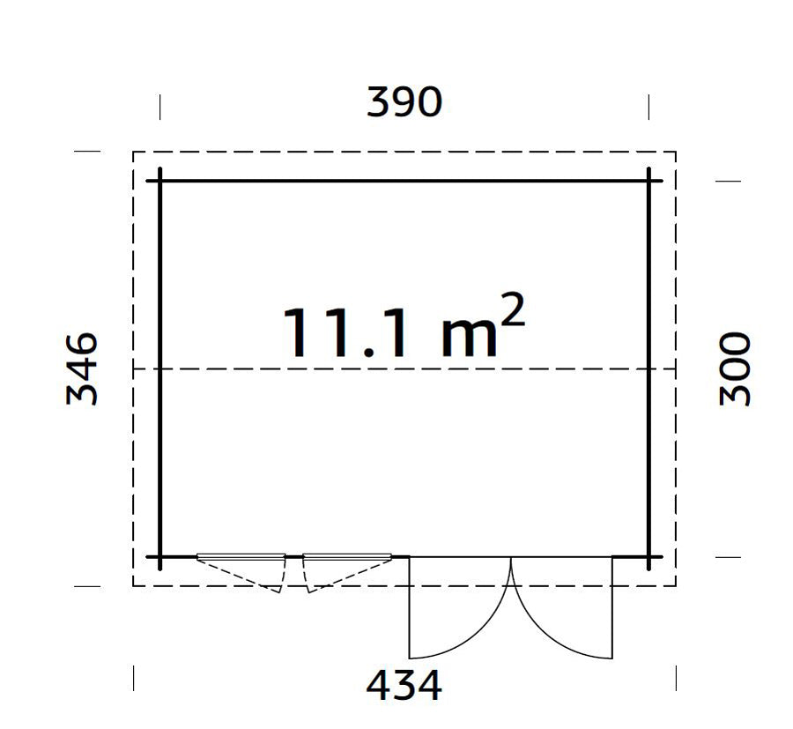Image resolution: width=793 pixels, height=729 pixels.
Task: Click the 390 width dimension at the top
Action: point(404,103)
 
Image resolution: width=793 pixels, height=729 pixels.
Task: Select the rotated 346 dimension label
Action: point(82,368)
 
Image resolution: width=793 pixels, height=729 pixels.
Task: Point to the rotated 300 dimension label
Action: point(736,368)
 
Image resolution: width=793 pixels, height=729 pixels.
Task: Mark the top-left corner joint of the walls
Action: point(160,181)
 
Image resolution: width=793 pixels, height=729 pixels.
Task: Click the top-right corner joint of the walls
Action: point(649,181)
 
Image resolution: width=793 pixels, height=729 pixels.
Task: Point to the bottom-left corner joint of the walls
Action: point(160,557)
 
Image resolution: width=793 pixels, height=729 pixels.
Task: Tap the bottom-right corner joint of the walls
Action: point(649,557)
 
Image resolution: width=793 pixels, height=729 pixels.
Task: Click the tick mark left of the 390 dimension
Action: point(160,107)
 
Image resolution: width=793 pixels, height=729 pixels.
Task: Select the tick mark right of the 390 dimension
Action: point(649,107)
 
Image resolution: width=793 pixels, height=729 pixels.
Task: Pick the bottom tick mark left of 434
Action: point(133,677)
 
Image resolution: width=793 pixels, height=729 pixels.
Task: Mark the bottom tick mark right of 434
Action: point(676,677)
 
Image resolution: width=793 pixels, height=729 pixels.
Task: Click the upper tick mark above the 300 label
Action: point(728,181)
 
